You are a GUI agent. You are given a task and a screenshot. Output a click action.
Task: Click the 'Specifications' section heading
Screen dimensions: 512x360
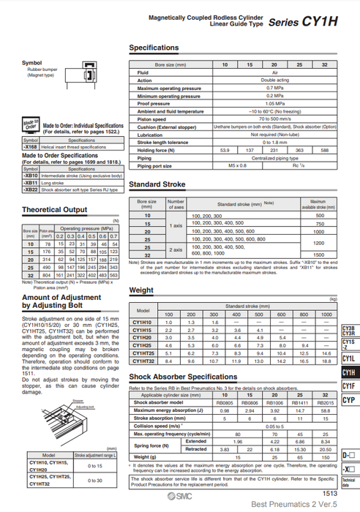click(x=159, y=48)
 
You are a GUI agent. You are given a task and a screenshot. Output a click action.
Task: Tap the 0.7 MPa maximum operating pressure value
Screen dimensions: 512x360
click(x=274, y=88)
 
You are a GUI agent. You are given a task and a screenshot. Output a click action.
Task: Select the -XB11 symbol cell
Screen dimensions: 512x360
click(x=31, y=183)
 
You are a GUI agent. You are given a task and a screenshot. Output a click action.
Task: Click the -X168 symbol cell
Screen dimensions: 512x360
click(x=31, y=146)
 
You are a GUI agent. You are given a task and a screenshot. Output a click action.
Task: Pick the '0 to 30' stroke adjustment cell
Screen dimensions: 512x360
click(x=95, y=480)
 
